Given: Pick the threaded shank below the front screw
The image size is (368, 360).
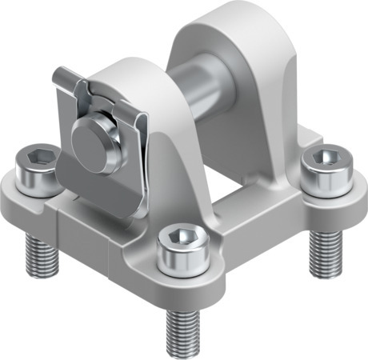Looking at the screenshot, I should (x=183, y=324).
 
